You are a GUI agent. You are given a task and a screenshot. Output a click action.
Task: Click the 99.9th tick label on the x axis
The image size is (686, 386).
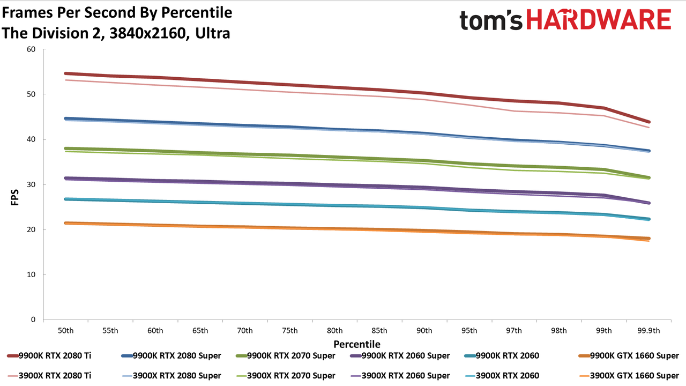(x=648, y=331)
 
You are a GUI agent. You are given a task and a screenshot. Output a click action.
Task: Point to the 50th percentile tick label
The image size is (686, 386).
(x=65, y=331)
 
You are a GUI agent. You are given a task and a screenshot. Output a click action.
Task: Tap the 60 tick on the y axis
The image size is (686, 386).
(x=31, y=49)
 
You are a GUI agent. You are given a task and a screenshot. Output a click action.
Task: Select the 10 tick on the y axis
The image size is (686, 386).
(x=31, y=274)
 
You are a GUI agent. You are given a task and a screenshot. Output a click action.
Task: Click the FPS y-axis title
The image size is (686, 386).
(x=14, y=197)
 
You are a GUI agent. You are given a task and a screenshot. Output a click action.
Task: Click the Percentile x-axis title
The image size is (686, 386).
(x=357, y=344)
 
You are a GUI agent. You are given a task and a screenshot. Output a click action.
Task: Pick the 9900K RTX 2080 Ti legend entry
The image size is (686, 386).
(x=49, y=355)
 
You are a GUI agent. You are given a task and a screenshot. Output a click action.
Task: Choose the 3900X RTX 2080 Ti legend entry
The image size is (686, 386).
(x=49, y=376)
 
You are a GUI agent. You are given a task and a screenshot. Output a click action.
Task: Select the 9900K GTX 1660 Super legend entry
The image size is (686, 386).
(x=629, y=355)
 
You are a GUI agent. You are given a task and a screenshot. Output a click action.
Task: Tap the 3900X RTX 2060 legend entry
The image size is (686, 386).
(x=502, y=376)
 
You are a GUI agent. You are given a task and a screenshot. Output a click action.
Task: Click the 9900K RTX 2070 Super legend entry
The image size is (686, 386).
(x=286, y=355)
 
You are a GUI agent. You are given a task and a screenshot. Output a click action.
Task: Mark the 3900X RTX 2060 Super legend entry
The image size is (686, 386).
(x=400, y=376)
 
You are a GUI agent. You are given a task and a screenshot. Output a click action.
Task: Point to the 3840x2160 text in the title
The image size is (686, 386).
(x=147, y=33)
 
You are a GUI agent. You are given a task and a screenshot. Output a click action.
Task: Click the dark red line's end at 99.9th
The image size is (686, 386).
(x=648, y=122)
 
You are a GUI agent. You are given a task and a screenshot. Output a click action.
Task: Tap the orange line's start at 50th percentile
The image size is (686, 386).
(x=65, y=223)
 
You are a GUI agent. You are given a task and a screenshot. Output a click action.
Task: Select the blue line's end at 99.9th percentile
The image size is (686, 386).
(x=648, y=151)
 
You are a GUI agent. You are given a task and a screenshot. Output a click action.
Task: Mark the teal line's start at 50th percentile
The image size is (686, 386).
(x=65, y=199)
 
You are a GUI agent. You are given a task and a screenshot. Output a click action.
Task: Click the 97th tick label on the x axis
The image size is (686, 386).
(x=514, y=331)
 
